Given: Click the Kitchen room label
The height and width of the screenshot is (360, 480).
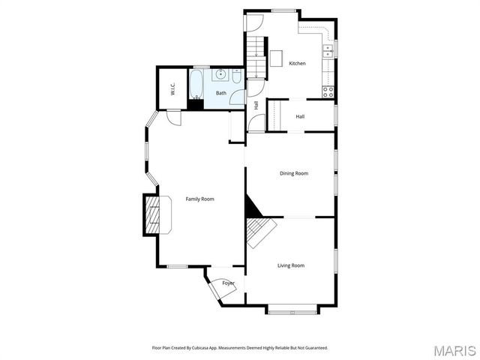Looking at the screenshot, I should click(298, 64).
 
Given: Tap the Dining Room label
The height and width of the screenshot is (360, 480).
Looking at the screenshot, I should click(294, 174).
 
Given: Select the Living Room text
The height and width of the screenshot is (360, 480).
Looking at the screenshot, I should click(291, 265).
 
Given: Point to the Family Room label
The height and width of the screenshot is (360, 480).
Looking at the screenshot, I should click(200, 199).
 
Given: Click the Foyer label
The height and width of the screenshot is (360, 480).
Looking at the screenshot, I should click(228, 283).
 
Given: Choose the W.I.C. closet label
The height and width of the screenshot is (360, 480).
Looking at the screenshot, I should click(172, 90).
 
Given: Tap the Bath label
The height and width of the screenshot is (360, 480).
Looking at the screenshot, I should click(221, 93).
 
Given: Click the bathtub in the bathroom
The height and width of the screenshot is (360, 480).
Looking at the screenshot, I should click(196, 85).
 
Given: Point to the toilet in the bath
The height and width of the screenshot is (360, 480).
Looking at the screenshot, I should click(236, 76).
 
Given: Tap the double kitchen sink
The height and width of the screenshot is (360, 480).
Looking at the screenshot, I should click(328, 51).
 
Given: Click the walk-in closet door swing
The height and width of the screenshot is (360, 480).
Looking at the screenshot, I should click(173, 118).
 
